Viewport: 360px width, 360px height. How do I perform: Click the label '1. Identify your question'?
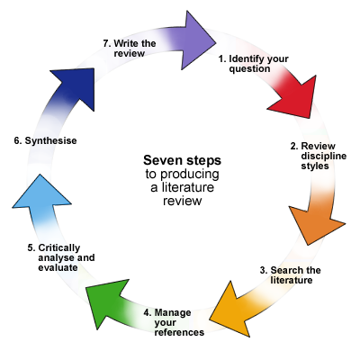[254, 64]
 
